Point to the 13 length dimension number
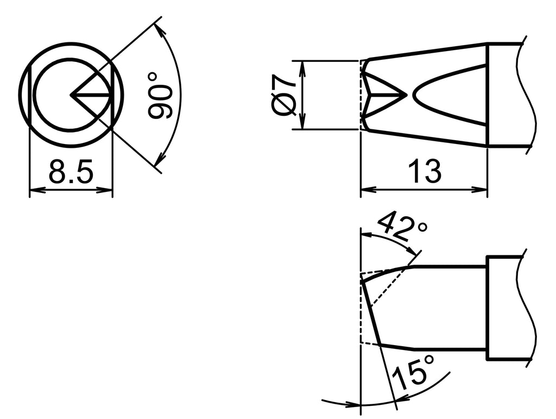click(x=425, y=172)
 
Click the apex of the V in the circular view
click(x=71, y=96)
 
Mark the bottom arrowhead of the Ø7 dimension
click(x=303, y=126)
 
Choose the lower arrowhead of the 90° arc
click(x=159, y=162)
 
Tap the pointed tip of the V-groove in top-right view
click(x=406, y=95)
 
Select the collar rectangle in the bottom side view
click(x=505, y=308)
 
